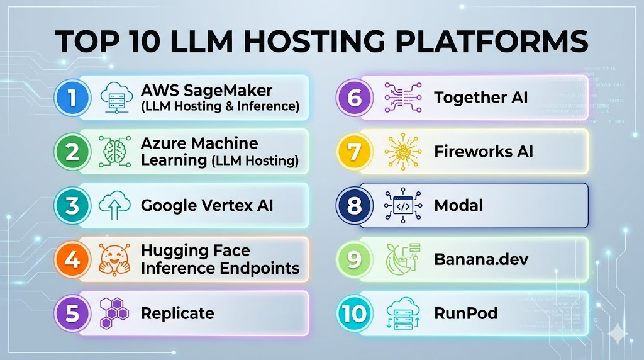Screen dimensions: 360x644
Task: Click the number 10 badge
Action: (x=353, y=313)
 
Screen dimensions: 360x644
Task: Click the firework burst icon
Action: (x=401, y=152)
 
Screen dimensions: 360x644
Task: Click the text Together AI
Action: (x=480, y=98)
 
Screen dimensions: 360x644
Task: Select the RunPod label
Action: (x=465, y=313)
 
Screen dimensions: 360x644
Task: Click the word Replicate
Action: (x=177, y=313)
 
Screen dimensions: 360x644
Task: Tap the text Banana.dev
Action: (x=480, y=259)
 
